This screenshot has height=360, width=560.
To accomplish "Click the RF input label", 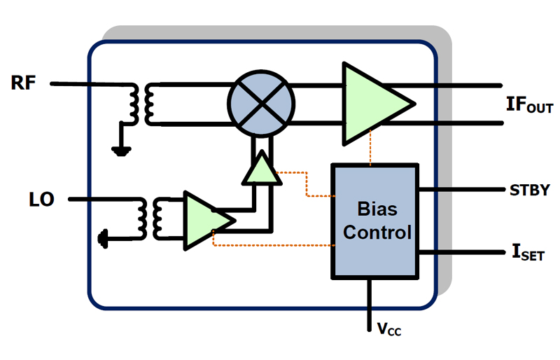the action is pyautogui.click(x=23, y=83).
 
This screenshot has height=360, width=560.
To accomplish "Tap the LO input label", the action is pyautogui.click(x=41, y=200).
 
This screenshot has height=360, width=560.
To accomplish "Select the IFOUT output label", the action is pyautogui.click(x=530, y=105).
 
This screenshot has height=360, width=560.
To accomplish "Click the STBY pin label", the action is pyautogui.click(x=530, y=191).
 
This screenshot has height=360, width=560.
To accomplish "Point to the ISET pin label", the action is pyautogui.click(x=528, y=252).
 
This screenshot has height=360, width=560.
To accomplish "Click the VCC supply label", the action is pyautogui.click(x=389, y=329).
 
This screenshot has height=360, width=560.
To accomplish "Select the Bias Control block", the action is pyautogui.click(x=375, y=221).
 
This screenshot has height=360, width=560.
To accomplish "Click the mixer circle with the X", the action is pyautogui.click(x=261, y=104).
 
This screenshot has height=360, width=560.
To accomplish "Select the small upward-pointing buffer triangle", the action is pyautogui.click(x=262, y=168).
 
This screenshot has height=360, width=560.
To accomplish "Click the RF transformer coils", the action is pyautogui.click(x=142, y=104).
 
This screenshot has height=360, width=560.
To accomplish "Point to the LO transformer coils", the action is pyautogui.click(x=150, y=219).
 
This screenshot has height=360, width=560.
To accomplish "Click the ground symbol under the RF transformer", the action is pyautogui.click(x=121, y=151).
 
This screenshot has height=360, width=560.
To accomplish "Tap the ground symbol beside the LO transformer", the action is pyautogui.click(x=103, y=238).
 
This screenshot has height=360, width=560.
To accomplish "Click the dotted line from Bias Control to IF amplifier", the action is pyautogui.click(x=370, y=148).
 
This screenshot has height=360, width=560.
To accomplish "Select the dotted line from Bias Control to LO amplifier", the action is pyautogui.click(x=273, y=245).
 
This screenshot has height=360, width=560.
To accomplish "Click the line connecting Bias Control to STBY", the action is pyautogui.click(x=461, y=189).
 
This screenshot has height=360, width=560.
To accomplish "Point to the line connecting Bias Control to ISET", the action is pyautogui.click(x=461, y=252).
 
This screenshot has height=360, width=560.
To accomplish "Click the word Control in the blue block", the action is pyautogui.click(x=377, y=233).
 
